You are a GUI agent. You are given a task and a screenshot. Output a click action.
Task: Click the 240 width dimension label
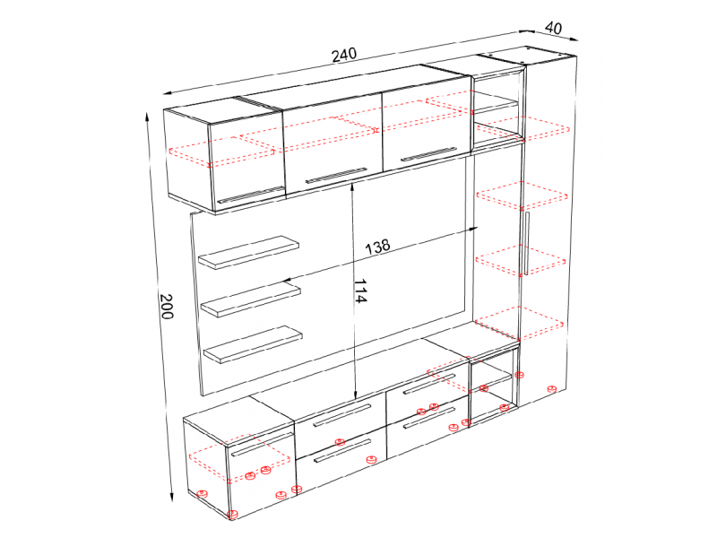click(x=344, y=55)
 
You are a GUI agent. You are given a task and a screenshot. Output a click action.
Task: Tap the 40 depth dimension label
click(x=553, y=29)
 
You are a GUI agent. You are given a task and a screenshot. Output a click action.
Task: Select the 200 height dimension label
click(x=167, y=306)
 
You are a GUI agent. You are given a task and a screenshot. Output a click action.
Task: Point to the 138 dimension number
click(x=377, y=247)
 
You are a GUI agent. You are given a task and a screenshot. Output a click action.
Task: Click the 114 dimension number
click(x=360, y=291)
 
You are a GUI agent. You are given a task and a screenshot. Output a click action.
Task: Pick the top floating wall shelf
click(x=248, y=252)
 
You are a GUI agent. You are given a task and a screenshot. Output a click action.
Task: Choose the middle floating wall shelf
click(x=251, y=299)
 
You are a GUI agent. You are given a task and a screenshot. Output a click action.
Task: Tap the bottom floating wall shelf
click(x=253, y=344)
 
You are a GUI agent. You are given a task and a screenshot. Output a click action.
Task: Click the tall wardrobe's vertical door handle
click(x=526, y=243)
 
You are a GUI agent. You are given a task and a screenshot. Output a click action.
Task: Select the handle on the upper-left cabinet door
click(x=251, y=195)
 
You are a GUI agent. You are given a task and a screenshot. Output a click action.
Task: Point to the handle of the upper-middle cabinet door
click(x=336, y=175)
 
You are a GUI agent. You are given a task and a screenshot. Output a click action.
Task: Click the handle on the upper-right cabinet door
click(x=428, y=154)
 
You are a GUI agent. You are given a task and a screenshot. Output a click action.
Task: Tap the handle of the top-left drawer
click(x=341, y=415)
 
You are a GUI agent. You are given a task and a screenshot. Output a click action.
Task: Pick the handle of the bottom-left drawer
click(x=342, y=452)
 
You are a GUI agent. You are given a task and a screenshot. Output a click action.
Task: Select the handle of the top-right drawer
click(x=429, y=384)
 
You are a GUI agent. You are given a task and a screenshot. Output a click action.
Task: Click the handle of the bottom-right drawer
click(x=429, y=418)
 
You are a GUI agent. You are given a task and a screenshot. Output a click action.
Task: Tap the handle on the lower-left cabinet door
click(x=262, y=444)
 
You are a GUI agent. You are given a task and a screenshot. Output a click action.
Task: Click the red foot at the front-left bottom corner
click(x=233, y=515)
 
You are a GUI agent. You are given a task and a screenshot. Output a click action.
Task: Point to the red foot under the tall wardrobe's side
click(x=552, y=389)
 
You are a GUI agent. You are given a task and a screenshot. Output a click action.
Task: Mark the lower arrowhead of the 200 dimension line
click(x=172, y=498)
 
